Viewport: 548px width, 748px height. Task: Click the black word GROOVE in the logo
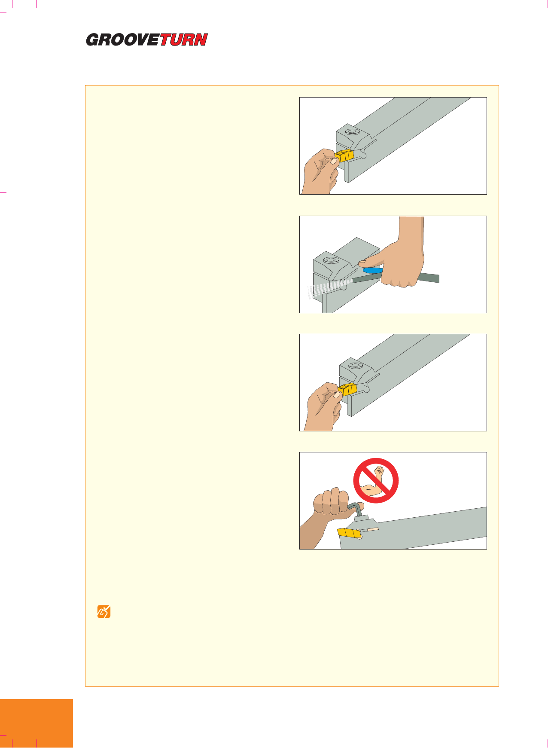(x=123, y=40)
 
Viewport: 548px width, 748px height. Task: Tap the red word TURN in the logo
(x=184, y=40)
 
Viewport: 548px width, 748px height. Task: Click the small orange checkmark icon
(x=104, y=611)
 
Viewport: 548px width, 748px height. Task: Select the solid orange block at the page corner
(x=37, y=724)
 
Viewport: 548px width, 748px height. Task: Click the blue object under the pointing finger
(x=372, y=271)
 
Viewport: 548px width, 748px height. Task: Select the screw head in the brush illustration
(x=330, y=260)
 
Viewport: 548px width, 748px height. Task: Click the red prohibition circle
(x=376, y=480)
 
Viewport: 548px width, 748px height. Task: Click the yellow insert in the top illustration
(x=344, y=156)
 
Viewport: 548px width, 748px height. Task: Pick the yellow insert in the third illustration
(x=347, y=390)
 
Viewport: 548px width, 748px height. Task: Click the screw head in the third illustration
(x=355, y=366)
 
